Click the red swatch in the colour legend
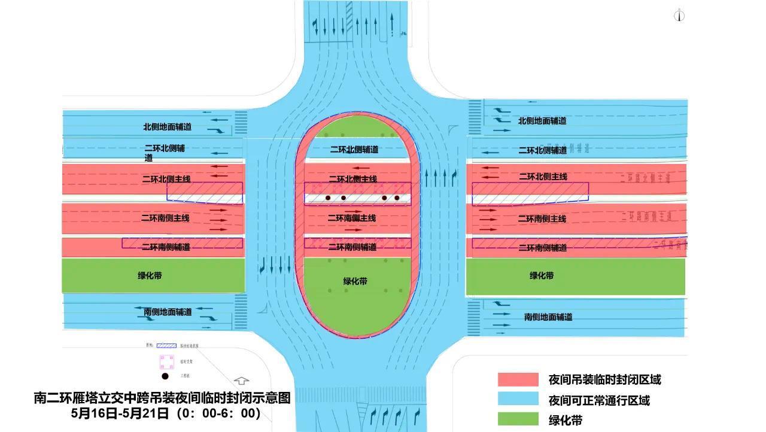click(x=518, y=379)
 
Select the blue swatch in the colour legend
click(x=518, y=400)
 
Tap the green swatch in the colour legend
click(x=518, y=419)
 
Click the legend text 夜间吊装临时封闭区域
click(x=604, y=379)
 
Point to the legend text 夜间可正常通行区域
click(x=599, y=400)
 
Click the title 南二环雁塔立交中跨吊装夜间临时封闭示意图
click(x=162, y=398)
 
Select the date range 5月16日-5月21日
click(x=120, y=413)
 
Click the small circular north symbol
click(x=679, y=16)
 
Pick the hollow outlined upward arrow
click(x=241, y=381)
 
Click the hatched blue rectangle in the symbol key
click(x=166, y=346)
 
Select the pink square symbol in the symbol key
click(x=166, y=362)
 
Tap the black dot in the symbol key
click(x=165, y=376)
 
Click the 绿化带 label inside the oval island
click(x=355, y=281)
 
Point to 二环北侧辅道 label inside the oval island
click(x=354, y=150)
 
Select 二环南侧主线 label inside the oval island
click(x=352, y=218)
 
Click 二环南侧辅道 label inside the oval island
click(x=352, y=247)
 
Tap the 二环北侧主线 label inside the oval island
click(x=353, y=179)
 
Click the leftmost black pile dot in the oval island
click(x=328, y=197)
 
